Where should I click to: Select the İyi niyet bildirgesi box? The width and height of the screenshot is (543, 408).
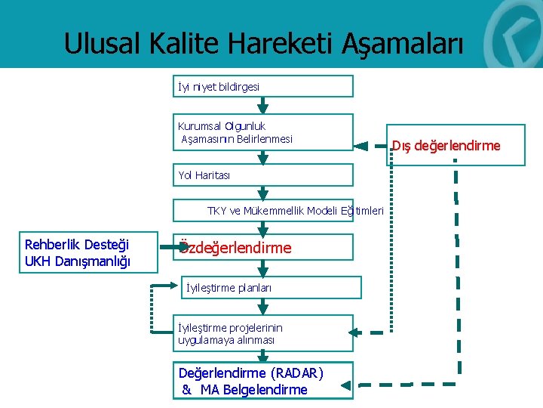tap(262, 86)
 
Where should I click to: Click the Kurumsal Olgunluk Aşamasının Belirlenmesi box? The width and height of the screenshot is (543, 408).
tap(262, 132)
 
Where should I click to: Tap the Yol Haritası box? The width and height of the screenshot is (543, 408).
tap(262, 175)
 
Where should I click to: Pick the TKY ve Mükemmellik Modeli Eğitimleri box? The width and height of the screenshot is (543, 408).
tap(278, 210)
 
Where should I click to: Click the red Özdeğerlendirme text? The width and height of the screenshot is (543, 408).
tap(235, 248)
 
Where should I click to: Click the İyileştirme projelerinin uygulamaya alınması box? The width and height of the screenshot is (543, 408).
tap(262, 333)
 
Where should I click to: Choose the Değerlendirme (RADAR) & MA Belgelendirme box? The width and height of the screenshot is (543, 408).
tap(262, 381)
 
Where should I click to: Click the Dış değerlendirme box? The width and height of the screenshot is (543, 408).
tap(445, 145)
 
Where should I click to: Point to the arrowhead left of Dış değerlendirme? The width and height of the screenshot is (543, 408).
tap(361, 145)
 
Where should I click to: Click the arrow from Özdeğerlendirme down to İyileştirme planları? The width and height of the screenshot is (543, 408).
tap(262, 268)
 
